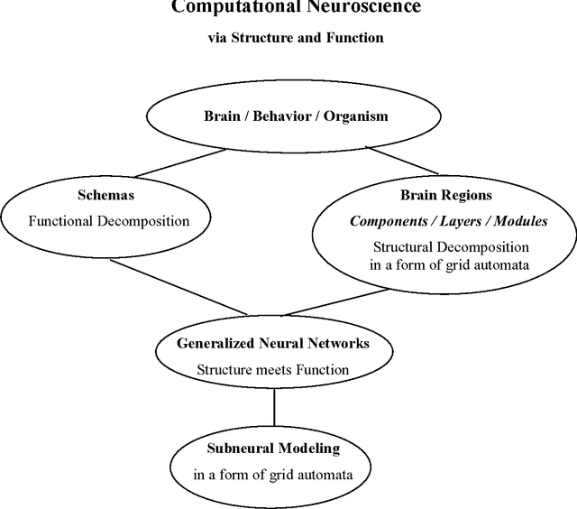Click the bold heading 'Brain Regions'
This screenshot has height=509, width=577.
tap(445, 194)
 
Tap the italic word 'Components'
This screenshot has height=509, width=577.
tap(385, 220)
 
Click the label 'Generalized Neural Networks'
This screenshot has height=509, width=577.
tap(273, 344)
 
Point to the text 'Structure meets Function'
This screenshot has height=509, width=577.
tap(273, 369)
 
